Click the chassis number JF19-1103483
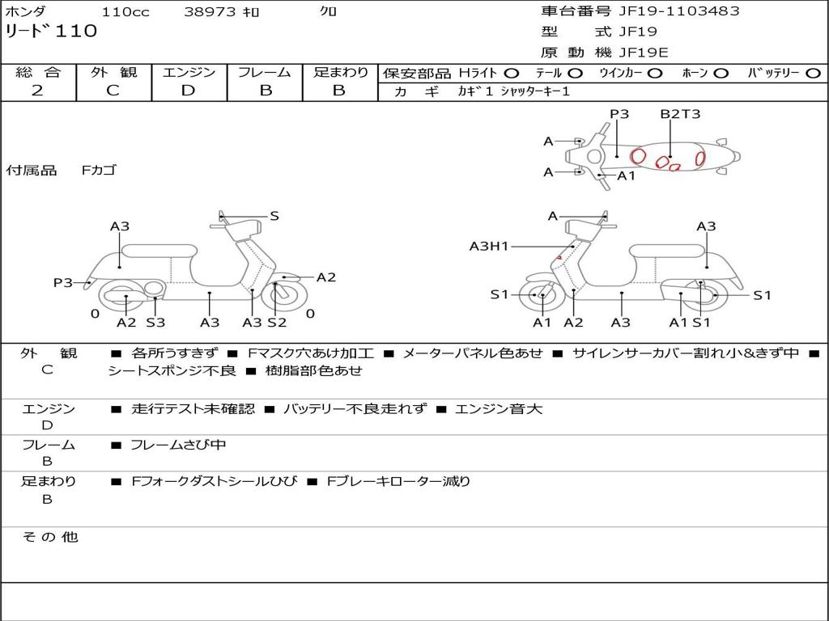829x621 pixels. tap(667, 11)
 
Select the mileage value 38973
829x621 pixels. tap(210, 12)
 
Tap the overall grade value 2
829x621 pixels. tap(37, 91)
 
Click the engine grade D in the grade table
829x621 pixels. tap(189, 91)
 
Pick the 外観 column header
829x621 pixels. tap(113, 72)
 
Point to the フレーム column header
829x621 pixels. tap(265, 72)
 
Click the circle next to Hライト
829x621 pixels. tap(512, 73)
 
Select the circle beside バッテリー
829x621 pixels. tap(812, 73)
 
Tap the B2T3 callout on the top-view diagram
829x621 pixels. tap(679, 114)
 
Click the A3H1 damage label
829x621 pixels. tap(489, 246)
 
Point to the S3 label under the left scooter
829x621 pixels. tap(155, 323)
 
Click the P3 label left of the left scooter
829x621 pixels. tap(63, 282)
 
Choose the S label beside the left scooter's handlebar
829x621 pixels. tap(274, 216)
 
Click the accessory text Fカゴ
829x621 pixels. tap(99, 171)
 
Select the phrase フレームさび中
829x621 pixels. tap(179, 445)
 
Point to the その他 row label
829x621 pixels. tap(49, 537)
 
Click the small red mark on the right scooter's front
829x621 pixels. tap(559, 258)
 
